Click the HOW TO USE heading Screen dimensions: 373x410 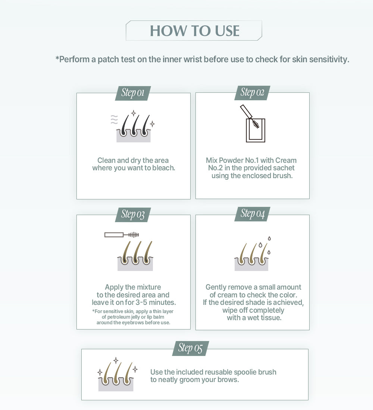(x=194, y=31)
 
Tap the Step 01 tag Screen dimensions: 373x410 (x=133, y=93)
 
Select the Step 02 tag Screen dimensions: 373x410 (x=252, y=93)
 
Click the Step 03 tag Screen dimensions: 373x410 (x=133, y=215)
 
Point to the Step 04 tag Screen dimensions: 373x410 (x=252, y=214)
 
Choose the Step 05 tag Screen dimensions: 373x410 (x=190, y=348)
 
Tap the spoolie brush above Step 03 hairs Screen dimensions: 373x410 (x=122, y=235)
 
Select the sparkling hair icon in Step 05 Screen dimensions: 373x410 (x=117, y=375)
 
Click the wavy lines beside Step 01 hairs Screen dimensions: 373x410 (x=115, y=120)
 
